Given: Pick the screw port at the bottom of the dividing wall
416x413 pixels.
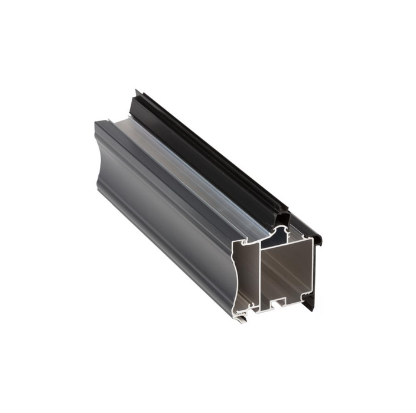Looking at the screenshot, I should coord(255,306).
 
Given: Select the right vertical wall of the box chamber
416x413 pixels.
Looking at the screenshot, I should coord(310,268).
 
